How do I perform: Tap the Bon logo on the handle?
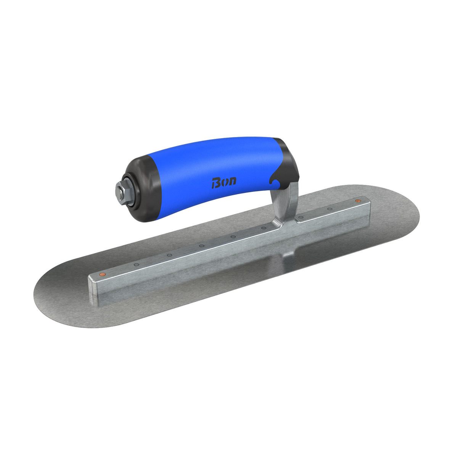pos(223,182)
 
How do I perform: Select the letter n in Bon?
pos(232,181)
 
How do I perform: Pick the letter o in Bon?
pos(224,182)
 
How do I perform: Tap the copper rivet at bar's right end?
pos(358,200)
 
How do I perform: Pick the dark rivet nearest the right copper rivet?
pos(330,209)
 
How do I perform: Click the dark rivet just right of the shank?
pos(301,217)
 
